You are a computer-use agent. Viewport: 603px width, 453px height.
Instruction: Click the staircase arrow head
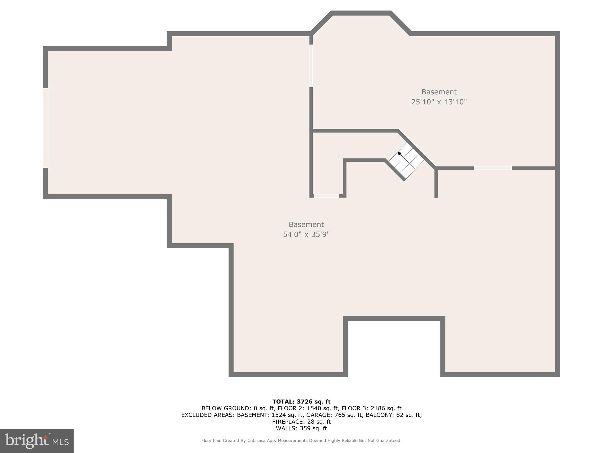click(400, 154)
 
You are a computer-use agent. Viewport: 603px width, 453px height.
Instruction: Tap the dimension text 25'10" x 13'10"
click(439, 102)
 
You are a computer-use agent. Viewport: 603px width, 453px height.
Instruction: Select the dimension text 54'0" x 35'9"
click(306, 234)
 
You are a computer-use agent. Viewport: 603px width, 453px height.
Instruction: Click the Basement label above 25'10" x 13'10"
click(439, 92)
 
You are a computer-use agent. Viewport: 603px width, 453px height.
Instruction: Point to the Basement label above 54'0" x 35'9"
click(306, 224)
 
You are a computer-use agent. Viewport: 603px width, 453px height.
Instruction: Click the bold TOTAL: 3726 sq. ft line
click(301, 401)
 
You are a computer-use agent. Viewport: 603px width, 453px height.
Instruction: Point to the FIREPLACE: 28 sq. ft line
click(301, 422)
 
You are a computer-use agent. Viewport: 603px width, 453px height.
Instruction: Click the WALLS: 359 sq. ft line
click(301, 429)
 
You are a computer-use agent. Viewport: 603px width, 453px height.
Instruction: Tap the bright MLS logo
click(37, 441)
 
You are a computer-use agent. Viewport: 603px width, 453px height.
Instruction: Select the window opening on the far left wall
click(45, 128)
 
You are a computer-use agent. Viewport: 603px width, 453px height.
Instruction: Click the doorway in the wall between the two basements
click(311, 66)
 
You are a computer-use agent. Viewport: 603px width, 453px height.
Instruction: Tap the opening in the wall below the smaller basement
click(493, 168)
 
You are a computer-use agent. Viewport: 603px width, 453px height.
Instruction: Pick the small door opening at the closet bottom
click(326, 196)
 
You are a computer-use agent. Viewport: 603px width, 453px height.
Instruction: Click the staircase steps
click(406, 161)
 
